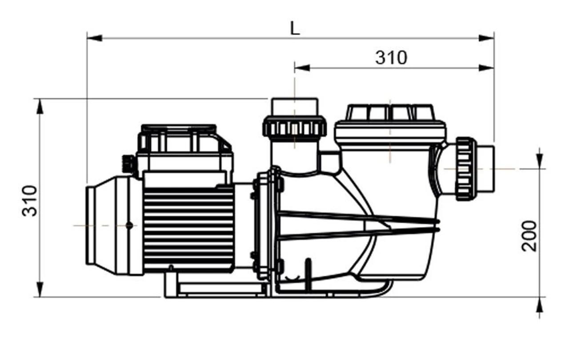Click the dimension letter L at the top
tap(295, 28)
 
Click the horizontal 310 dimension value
tap(391, 57)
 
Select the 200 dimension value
tap(529, 236)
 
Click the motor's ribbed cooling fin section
tap(188, 227)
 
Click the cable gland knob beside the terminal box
tap(128, 164)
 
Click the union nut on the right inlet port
tap(465, 169)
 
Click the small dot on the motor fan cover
tap(129, 225)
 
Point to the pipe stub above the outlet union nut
tap(295, 107)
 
